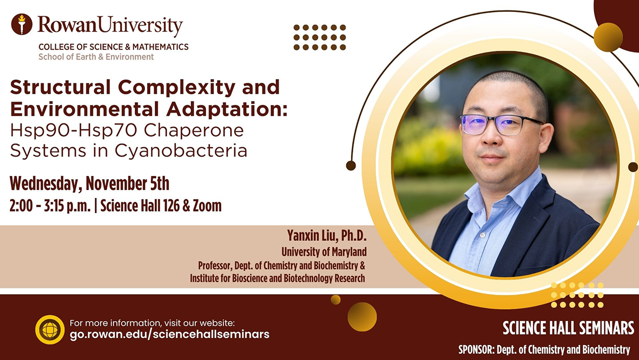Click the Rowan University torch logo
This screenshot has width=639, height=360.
[x=22, y=24]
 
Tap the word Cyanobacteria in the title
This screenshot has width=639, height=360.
[x=181, y=150]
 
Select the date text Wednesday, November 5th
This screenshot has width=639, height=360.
[x=90, y=184]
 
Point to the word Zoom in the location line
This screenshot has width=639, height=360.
[x=207, y=206]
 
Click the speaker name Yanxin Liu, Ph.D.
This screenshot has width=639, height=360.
[x=327, y=235]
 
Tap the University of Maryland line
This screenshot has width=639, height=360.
[x=324, y=252]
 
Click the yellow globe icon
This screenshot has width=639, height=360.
[x=50, y=330]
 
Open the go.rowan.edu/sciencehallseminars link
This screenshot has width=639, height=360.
[x=169, y=335]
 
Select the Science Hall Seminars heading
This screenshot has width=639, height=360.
[x=569, y=328]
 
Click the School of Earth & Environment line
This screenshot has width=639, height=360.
[x=96, y=57]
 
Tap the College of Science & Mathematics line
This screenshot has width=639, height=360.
[x=114, y=47]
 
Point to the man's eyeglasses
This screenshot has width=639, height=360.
[x=500, y=125]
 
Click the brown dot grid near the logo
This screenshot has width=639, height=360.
[x=320, y=37]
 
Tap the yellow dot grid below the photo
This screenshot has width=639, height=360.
[x=577, y=295]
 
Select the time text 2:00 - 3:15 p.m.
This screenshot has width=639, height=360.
[x=50, y=206]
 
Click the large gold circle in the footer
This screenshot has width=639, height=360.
[x=362, y=317]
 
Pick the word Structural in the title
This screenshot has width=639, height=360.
[x=60, y=87]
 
